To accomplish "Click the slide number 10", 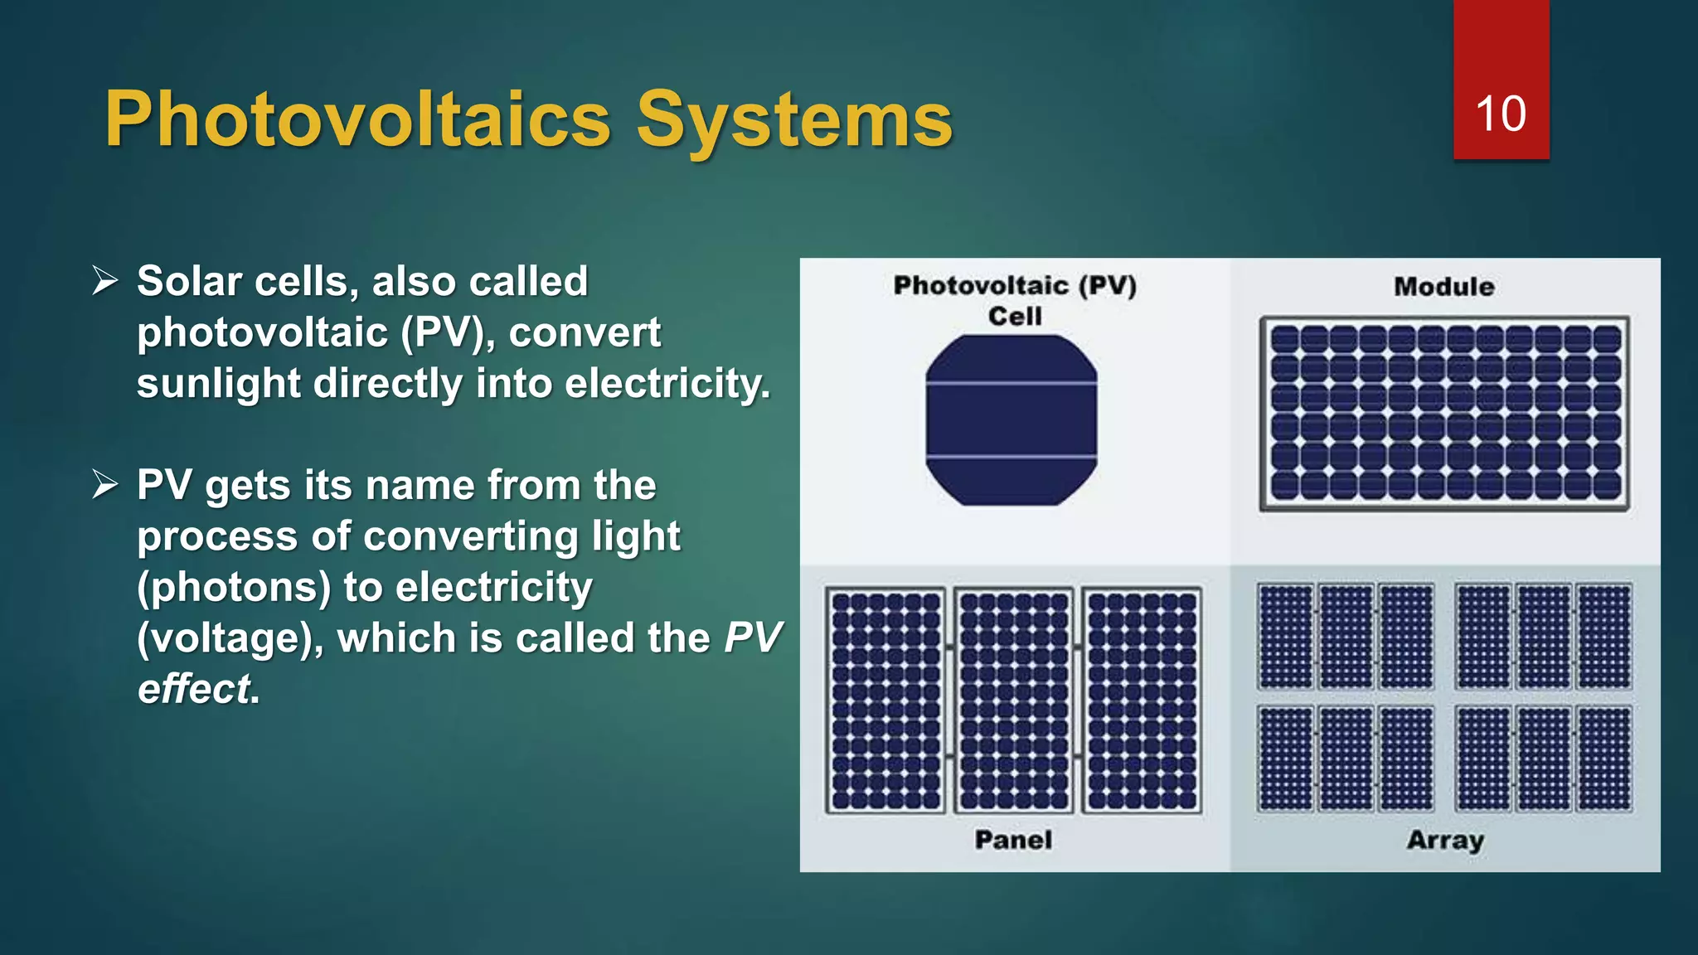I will [1500, 114].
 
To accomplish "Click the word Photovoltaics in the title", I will [357, 121].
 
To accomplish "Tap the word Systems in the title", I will [794, 121].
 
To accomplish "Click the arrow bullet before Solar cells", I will [105, 281].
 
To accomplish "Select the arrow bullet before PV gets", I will [105, 484].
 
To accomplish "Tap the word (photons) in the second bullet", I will [234, 587].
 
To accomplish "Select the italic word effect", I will [194, 689].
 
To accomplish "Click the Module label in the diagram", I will [1443, 287].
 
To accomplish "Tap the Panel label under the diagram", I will [1013, 840].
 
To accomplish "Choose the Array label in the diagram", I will [1445, 840].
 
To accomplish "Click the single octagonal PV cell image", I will [1012, 420].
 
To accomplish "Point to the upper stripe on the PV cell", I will [1012, 383].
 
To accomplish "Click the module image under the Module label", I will [1444, 413].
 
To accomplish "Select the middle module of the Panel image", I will [1013, 700].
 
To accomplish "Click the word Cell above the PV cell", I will [1015, 316].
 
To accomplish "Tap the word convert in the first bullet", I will [585, 332].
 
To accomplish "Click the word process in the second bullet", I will [217, 536].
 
